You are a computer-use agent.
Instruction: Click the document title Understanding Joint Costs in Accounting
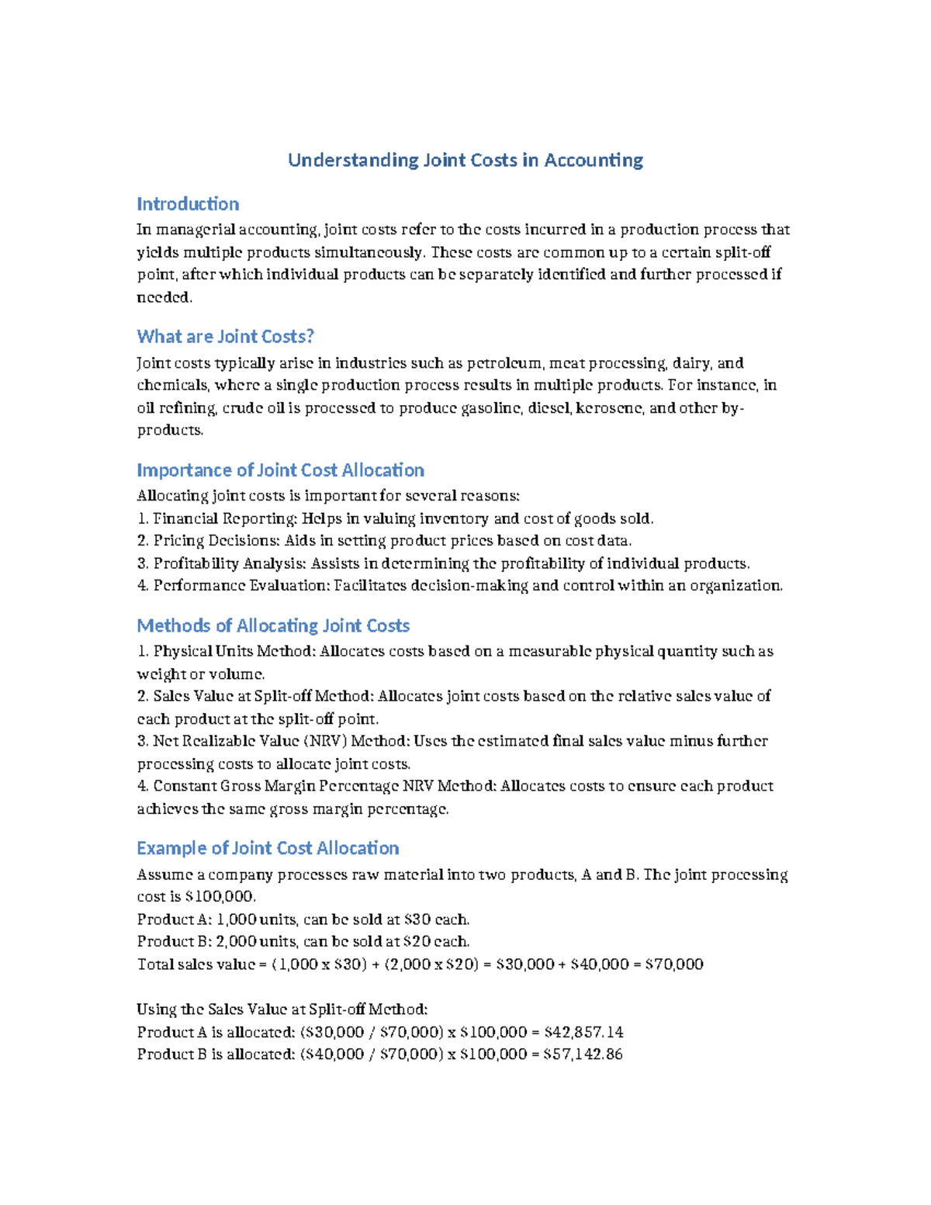465,160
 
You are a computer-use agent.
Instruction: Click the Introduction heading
188,204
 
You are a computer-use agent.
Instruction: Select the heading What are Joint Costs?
225,336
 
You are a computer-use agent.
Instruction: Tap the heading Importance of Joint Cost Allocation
280,470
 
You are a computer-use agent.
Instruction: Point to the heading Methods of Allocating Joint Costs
273,625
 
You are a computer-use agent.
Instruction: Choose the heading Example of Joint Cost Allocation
268,848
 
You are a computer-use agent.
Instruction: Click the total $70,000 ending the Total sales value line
674,964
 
